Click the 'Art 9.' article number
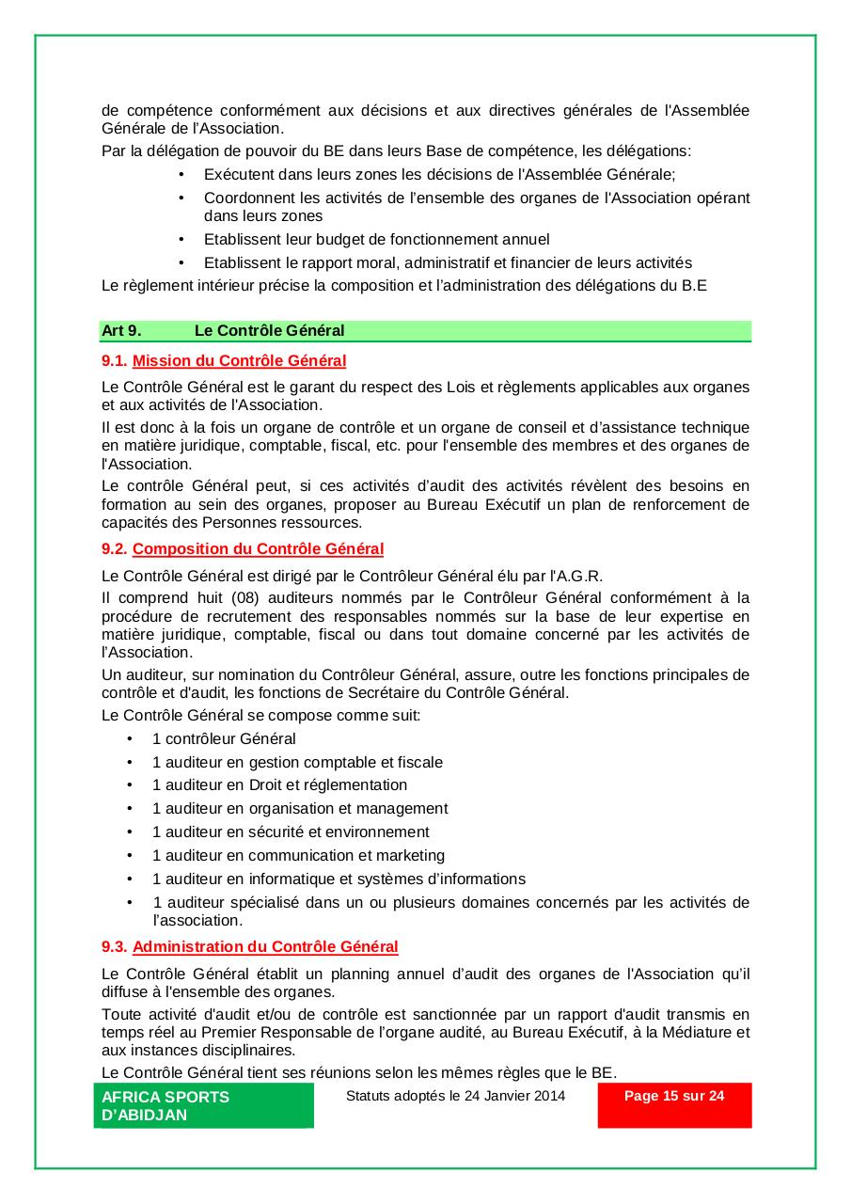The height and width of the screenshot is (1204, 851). coord(121,330)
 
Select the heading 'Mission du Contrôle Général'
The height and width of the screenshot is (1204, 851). coord(239,360)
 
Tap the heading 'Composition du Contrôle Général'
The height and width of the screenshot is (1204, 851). coord(258,548)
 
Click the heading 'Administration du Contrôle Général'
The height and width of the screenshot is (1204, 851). coord(265,946)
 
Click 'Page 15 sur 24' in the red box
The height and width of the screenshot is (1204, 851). coord(674,1096)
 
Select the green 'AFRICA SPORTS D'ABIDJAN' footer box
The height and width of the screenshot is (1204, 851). coord(203,1105)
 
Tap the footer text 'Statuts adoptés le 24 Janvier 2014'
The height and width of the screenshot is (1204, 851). coord(455,1095)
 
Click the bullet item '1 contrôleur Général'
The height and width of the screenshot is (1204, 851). coord(224,738)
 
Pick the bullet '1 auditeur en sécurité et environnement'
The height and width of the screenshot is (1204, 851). coord(291,832)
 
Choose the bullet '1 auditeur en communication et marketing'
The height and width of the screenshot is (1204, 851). coord(298,855)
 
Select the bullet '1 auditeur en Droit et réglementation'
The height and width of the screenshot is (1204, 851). coord(279,784)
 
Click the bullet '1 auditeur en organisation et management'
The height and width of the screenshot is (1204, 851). coord(300,808)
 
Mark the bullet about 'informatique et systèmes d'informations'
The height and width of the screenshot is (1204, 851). coord(339,879)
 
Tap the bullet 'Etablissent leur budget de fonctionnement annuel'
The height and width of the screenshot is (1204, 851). coord(376,239)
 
